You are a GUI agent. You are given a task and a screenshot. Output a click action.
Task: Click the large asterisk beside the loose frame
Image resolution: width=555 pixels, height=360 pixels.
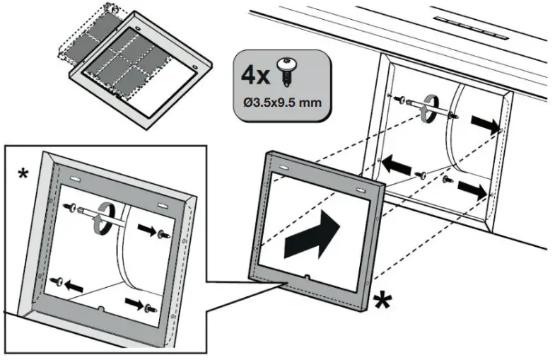pyautogui.click(x=382, y=301)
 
